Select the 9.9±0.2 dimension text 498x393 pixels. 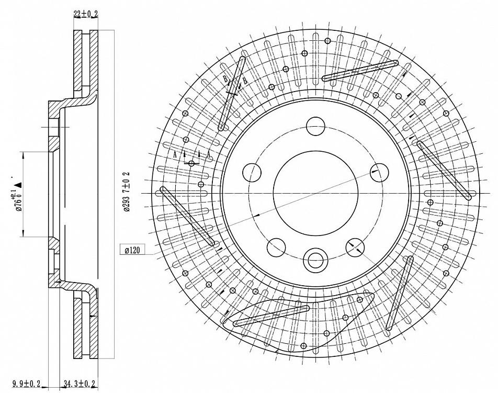26,385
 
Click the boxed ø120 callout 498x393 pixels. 132,250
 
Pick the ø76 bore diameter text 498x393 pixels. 17,199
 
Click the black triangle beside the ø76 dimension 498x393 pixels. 18,184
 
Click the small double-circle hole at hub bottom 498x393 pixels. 315,259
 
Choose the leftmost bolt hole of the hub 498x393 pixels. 252,172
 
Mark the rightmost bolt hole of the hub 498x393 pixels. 378,171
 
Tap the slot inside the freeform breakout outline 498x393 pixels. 271,315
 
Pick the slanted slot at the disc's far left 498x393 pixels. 187,216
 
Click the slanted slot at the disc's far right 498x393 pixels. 444,170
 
